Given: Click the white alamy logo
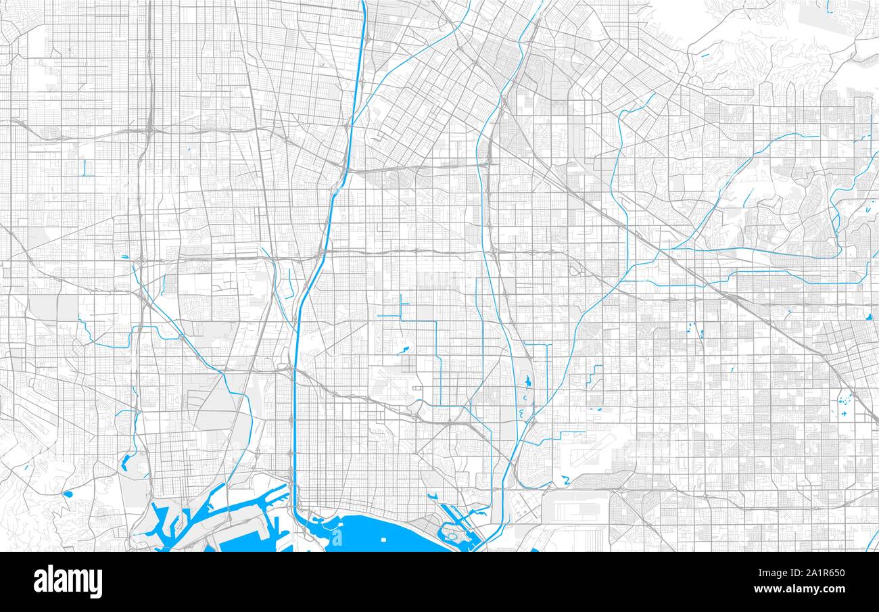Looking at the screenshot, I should tap(68, 582).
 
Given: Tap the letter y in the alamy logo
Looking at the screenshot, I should tap(97, 584).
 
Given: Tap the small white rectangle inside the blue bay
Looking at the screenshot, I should tap(383, 540).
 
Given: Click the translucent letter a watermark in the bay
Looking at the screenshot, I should tap(336, 538).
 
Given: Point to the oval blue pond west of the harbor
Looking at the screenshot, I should tap(68, 494).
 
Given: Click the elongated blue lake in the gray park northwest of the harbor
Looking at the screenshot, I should tap(126, 462).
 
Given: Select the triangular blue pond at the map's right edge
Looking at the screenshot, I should tap(868, 316).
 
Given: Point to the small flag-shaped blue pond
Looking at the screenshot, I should tap(404, 350).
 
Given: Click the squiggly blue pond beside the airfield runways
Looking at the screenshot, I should tap(565, 480).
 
